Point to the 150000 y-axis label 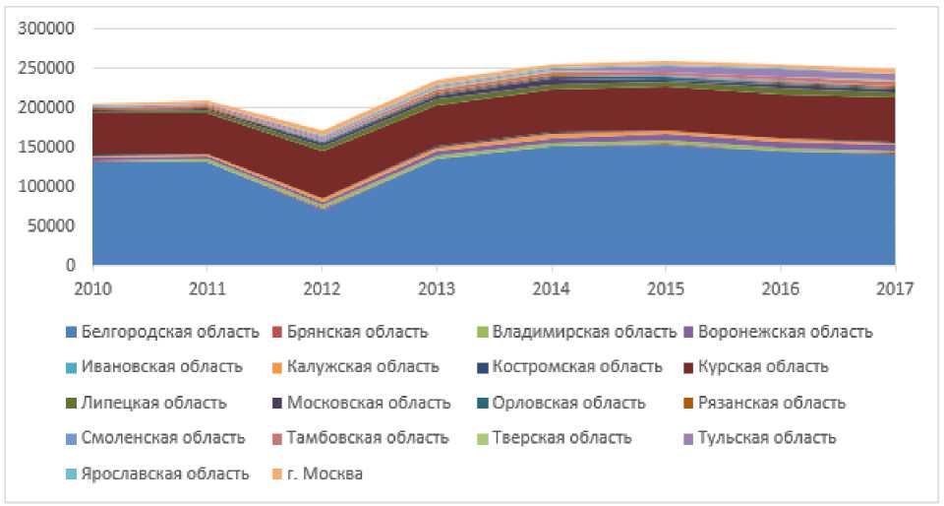point(46,147)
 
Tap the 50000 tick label point(50,225)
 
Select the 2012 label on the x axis point(322,288)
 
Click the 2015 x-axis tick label point(666,288)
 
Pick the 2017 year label point(895,288)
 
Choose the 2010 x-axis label point(92,288)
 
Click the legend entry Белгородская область point(170,332)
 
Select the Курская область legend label point(763,367)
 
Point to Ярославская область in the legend point(165,474)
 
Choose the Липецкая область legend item point(154,403)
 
